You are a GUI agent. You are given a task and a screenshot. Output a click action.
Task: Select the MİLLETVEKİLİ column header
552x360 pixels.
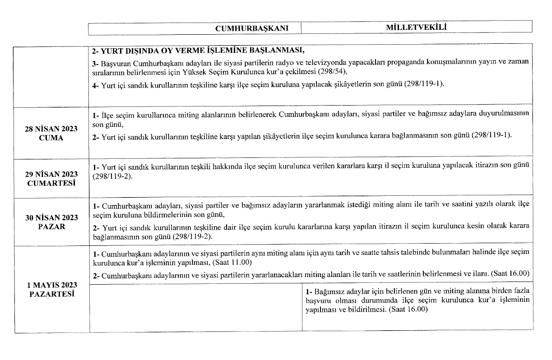coord(416,28)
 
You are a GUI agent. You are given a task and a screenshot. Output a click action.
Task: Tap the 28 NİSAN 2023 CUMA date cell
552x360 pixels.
coord(51,134)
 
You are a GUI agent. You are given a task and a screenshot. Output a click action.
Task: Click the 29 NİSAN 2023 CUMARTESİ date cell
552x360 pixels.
coord(51,178)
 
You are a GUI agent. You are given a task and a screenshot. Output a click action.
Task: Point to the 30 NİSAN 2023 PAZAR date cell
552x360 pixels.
coord(51,222)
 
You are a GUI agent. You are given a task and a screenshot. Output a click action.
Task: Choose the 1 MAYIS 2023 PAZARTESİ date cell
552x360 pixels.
coord(51,290)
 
